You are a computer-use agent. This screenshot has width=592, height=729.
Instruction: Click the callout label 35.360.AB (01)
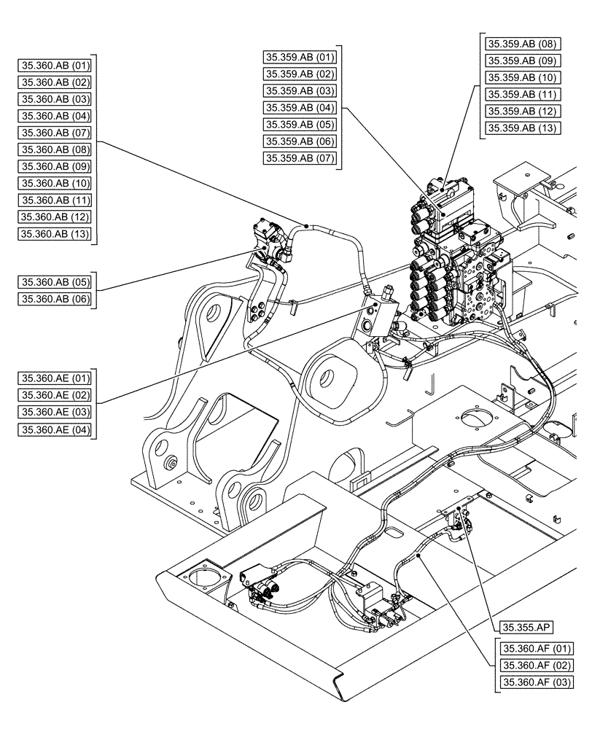click(55, 65)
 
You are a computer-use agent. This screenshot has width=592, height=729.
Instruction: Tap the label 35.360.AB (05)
click(55, 281)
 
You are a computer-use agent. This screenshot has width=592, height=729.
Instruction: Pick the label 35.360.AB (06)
click(55, 298)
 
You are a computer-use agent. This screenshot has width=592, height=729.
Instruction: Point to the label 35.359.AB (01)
click(300, 58)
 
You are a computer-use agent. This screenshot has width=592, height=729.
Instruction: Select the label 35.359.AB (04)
click(300, 108)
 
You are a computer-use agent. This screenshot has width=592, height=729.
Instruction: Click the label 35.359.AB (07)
click(300, 158)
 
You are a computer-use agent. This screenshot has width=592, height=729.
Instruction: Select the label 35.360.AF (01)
click(536, 648)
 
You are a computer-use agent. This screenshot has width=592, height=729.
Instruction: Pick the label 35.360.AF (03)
click(536, 682)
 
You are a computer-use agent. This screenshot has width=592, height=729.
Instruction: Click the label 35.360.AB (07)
click(55, 132)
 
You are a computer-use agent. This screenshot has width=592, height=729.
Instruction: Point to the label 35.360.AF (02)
click(536, 665)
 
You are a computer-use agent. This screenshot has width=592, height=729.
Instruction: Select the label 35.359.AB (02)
click(300, 74)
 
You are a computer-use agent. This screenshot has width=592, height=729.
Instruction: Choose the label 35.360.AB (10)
click(55, 183)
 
